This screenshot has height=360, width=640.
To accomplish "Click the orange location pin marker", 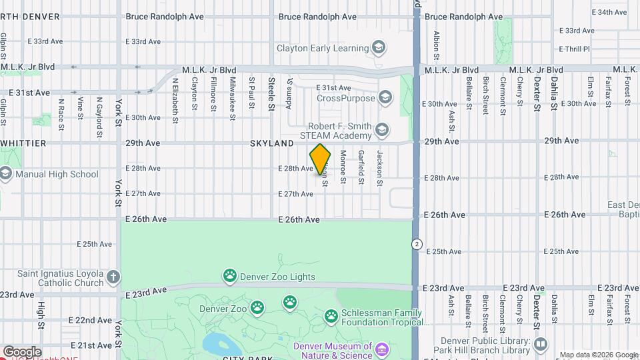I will (x=320, y=159).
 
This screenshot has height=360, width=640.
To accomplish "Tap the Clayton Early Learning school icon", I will (x=379, y=48).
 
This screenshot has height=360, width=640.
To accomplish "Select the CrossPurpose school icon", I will (x=385, y=98).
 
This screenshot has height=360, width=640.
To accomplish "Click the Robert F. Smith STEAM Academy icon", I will (x=381, y=129).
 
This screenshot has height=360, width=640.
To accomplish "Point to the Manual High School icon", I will (x=6, y=174).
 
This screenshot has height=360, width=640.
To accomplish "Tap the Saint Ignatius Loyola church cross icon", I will (x=114, y=277).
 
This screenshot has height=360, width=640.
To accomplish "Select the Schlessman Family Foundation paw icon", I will (x=331, y=315).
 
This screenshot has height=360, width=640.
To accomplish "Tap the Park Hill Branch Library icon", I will (x=541, y=345).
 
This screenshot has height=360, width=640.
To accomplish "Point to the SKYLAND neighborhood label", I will (x=272, y=143).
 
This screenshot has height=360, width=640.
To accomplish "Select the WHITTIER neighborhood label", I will (x=23, y=143).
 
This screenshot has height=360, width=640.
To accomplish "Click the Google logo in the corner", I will (x=21, y=351).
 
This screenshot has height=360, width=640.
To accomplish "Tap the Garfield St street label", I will (x=361, y=167).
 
